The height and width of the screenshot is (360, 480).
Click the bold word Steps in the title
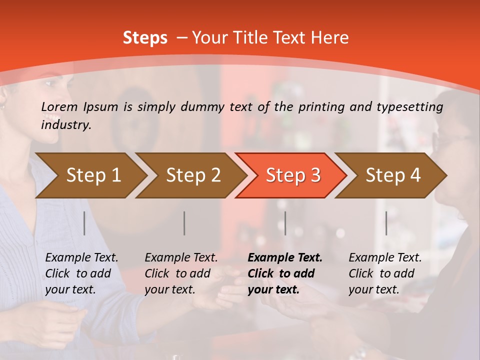(x=145, y=38)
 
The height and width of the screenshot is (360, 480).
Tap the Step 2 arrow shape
(x=193, y=175)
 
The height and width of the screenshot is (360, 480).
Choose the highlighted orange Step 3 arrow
(x=293, y=175)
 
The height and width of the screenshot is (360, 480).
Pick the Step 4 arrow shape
(x=393, y=175)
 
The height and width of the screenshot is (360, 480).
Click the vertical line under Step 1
(x=84, y=223)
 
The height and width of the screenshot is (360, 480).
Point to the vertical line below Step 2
(x=184, y=223)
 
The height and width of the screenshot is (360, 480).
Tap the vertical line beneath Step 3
(x=285, y=223)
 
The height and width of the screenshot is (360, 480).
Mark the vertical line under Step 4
(x=386, y=223)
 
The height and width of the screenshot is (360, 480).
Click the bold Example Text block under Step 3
(x=285, y=273)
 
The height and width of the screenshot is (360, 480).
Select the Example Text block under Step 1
(x=81, y=273)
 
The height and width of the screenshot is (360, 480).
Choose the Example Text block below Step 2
(x=181, y=273)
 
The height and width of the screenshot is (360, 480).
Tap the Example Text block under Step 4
(x=385, y=273)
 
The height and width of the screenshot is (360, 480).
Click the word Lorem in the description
(x=59, y=106)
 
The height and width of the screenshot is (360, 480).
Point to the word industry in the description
(x=66, y=125)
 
